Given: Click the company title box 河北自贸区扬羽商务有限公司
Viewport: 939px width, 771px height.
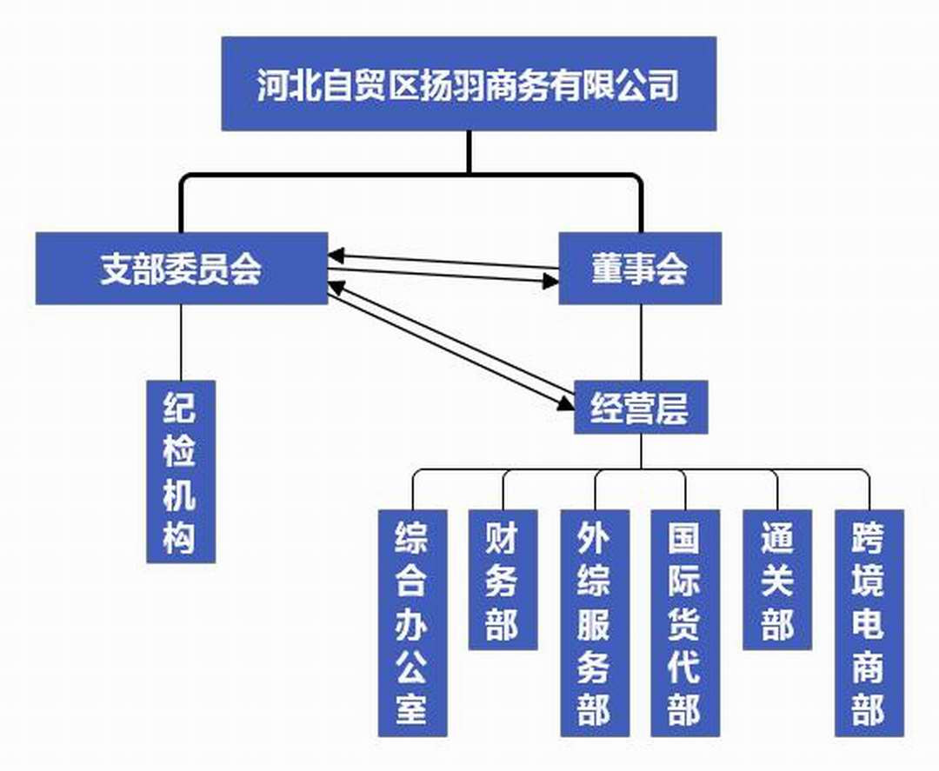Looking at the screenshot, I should point(469,83).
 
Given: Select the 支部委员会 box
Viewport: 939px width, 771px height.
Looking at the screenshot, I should point(182,269).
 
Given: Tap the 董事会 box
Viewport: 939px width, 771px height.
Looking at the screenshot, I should point(639,269).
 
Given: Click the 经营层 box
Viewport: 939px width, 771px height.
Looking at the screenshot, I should point(641,408).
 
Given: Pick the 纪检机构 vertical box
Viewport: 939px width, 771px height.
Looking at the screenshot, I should point(180,471).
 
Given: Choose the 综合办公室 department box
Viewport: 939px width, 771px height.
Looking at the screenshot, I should point(412,622).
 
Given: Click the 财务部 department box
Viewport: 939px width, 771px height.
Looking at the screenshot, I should point(503,579).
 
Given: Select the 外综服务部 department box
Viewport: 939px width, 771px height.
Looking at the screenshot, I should point(594,622).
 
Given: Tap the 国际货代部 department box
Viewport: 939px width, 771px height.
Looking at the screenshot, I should point(685,622).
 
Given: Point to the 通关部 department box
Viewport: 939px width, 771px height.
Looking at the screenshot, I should point(776,579).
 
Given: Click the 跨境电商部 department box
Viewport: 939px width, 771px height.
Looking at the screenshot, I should point(868,622).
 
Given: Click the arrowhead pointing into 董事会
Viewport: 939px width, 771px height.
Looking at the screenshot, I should point(550,282).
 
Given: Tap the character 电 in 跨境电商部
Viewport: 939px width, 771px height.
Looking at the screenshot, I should point(868,624).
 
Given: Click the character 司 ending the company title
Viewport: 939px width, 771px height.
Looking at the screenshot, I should point(664,85).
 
